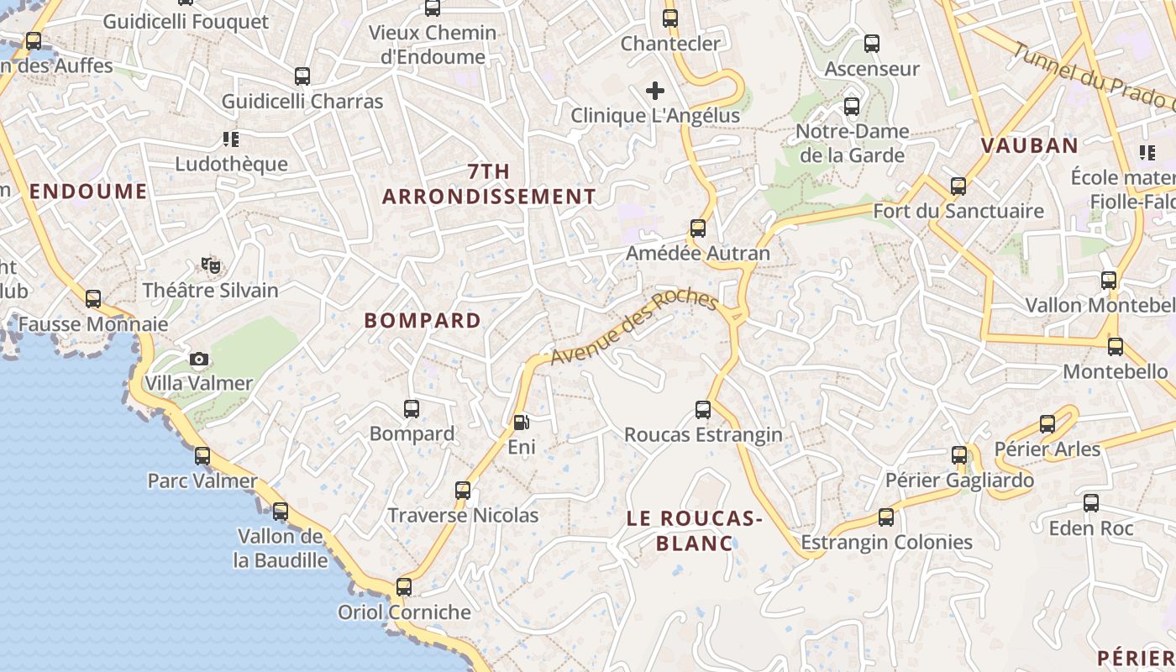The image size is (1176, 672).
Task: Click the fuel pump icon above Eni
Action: coord(522,422)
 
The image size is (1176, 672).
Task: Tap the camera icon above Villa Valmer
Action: coord(199,360)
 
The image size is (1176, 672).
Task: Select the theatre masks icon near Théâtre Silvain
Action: coord(211,265)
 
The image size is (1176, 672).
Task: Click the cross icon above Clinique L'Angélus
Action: coord(655,91)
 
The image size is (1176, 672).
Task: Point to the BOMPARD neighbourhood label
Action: coord(423,320)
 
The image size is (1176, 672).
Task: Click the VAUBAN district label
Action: coord(1030,145)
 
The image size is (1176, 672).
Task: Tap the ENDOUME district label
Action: coord(88,191)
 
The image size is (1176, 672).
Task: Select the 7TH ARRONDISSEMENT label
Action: coord(489,184)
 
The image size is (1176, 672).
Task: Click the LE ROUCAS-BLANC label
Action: coord(694,531)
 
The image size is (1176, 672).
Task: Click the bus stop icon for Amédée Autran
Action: coord(697,228)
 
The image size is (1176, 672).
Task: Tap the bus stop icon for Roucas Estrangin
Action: coord(703,410)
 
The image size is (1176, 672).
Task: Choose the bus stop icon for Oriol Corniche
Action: coord(404,587)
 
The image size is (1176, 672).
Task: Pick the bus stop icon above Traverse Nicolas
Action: coord(462,491)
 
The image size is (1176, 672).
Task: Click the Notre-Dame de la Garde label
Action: coord(852,143)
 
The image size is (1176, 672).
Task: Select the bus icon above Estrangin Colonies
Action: coord(886,517)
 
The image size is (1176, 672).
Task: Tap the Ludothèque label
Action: coord(232,164)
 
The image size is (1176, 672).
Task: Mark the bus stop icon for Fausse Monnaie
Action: coord(93,299)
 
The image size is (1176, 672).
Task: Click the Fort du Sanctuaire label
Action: coord(958,211)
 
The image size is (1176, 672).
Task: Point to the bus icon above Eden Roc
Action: coord(1091,504)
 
